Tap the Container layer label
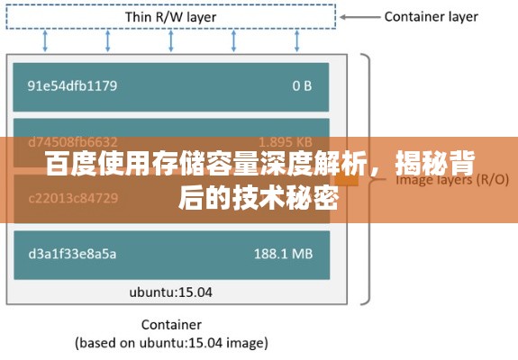point(431,16)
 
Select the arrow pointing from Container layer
point(361,16)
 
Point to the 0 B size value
point(302,86)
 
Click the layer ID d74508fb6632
point(73,141)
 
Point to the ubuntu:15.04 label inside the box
point(170,292)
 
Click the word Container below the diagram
point(170,324)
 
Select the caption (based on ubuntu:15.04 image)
point(170,342)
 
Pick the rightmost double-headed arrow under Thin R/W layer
point(297,40)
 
